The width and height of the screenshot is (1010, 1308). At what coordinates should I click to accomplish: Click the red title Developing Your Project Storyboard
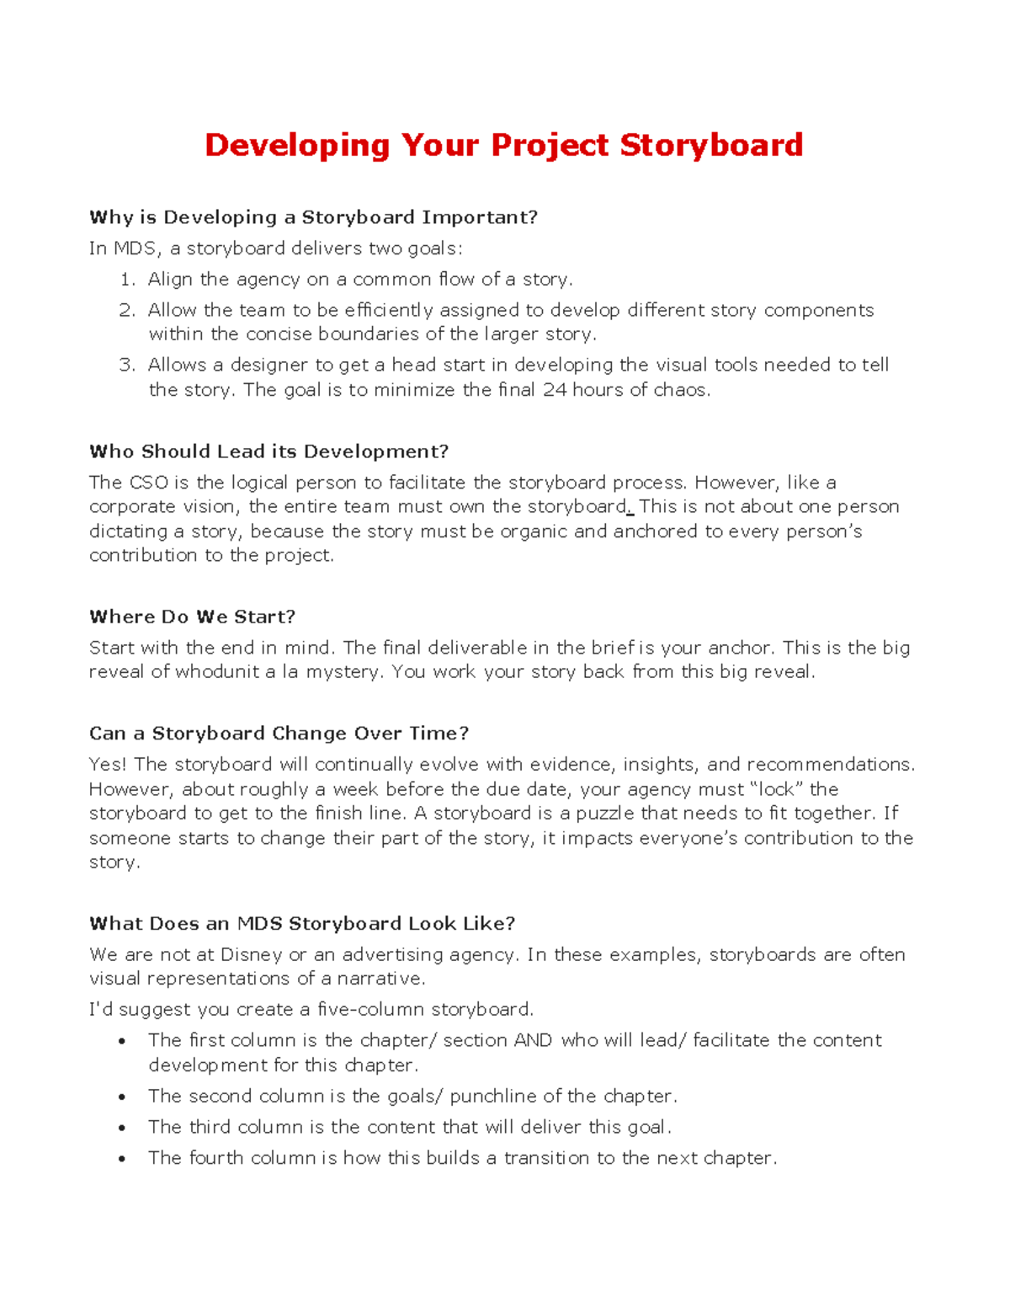click(503, 145)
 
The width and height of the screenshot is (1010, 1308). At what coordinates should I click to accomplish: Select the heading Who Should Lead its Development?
click(268, 451)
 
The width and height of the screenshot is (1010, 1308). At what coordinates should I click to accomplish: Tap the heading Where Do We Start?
click(192, 617)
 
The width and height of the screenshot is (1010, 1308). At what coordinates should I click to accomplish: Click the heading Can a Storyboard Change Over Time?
click(279, 733)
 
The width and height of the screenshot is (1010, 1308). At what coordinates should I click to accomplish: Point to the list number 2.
click(126, 310)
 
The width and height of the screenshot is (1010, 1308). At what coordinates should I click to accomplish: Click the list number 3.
click(126, 365)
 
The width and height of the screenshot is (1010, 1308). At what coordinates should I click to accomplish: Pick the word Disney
click(251, 954)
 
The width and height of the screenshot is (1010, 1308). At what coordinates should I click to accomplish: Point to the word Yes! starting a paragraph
click(108, 765)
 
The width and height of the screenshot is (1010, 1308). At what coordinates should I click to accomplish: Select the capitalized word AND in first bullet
click(533, 1040)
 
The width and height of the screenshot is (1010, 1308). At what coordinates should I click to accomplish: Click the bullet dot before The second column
click(123, 1097)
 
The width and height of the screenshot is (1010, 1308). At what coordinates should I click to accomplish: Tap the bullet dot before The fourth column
click(123, 1159)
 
